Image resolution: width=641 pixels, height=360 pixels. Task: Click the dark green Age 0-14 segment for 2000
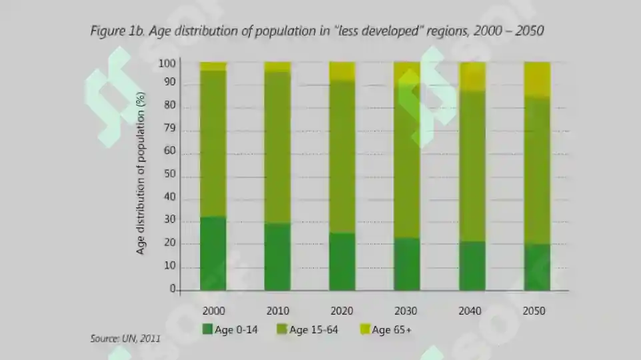213,253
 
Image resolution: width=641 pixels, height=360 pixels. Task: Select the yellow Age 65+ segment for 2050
537,80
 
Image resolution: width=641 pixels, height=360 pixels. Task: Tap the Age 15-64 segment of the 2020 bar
342,157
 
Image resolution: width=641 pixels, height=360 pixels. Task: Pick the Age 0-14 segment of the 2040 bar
472,266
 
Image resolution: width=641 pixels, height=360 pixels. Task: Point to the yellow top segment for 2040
472,77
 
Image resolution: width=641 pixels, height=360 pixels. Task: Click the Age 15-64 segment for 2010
277,147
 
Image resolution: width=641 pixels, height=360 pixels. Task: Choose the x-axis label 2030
406,311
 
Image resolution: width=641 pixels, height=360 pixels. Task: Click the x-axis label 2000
213,311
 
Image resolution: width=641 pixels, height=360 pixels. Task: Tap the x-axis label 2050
534,311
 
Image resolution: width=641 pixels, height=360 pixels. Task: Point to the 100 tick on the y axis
167,63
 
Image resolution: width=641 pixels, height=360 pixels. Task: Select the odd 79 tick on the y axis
169,128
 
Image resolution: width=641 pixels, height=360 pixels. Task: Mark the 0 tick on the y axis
173,289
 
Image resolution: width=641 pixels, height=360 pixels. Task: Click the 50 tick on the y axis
169,173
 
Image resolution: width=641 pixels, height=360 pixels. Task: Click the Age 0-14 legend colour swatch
207,329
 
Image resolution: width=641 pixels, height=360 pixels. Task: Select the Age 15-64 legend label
313,330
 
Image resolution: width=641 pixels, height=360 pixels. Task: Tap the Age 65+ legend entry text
392,330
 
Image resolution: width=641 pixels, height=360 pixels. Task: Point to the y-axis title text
140,173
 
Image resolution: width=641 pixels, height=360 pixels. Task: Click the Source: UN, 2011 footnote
125,339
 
